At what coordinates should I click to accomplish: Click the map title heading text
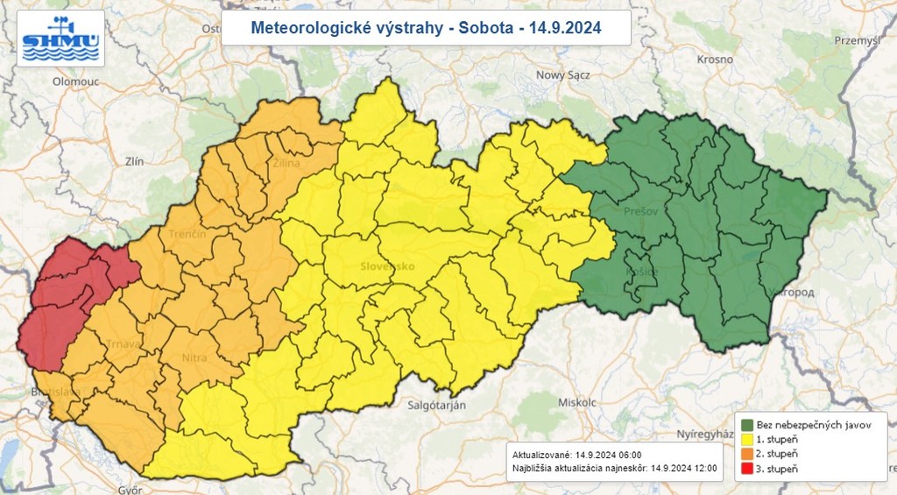pyautogui.click(x=426, y=28)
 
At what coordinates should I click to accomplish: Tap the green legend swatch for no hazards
pyautogui.click(x=748, y=424)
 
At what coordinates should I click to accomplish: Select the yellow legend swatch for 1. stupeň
pyautogui.click(x=748, y=439)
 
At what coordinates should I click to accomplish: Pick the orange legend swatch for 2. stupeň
pyautogui.click(x=748, y=454)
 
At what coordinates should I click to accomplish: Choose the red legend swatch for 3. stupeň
pyautogui.click(x=748, y=470)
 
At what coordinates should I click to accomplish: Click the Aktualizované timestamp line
pyautogui.click(x=577, y=455)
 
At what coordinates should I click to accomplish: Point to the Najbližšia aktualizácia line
pyautogui.click(x=614, y=469)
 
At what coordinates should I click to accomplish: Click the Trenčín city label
pyautogui.click(x=188, y=234)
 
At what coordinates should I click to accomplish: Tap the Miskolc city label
pyautogui.click(x=577, y=402)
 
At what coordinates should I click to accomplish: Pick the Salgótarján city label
pyautogui.click(x=436, y=405)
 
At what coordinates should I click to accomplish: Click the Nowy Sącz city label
pyautogui.click(x=562, y=75)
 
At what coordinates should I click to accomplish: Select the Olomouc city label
pyautogui.click(x=52, y=81)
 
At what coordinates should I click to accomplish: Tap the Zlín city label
pyautogui.click(x=134, y=160)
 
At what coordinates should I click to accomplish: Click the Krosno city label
pyautogui.click(x=715, y=60)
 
